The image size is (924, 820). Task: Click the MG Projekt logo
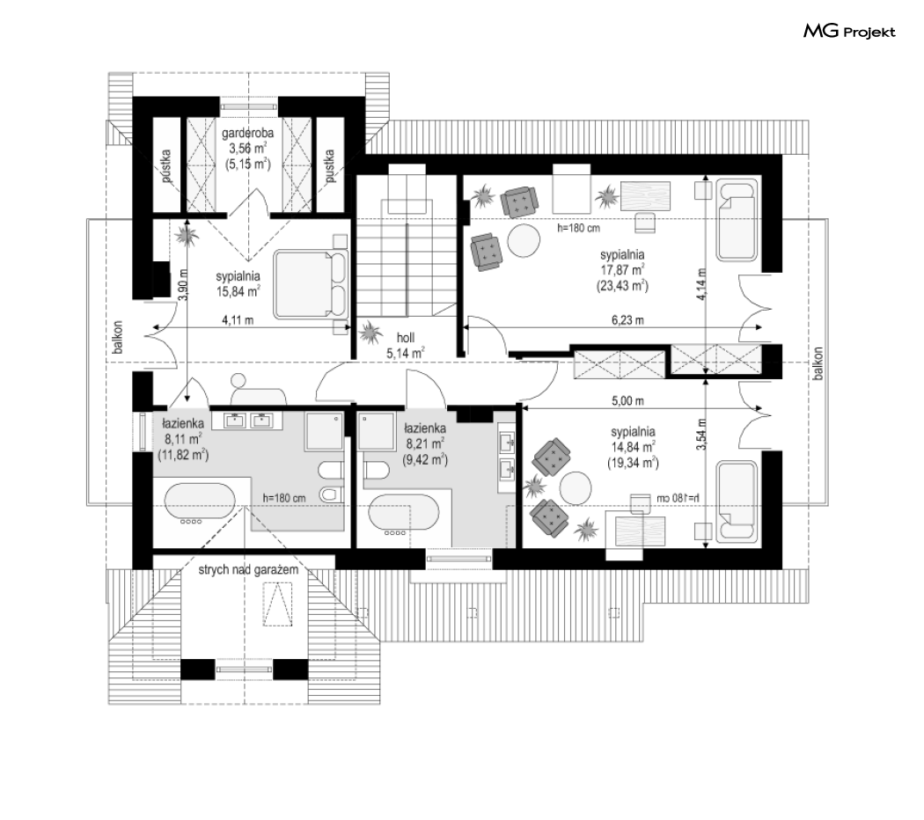pos(849,31)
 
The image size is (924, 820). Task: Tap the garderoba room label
pos(247,133)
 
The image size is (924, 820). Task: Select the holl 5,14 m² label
pos(406,345)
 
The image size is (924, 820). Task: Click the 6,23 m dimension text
pos(627,320)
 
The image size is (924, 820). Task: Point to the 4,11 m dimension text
pos(238,320)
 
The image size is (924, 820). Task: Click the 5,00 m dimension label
pos(627,400)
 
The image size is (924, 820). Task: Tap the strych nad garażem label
pos(248,569)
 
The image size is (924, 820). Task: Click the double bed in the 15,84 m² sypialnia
pos(312,284)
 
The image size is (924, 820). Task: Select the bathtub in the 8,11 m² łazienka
pos(199,505)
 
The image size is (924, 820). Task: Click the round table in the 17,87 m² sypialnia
pos(524,241)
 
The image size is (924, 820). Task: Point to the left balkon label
pos(118,337)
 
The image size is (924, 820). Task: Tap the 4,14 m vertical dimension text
pos(700,284)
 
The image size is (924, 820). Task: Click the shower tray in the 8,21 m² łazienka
pos(376,432)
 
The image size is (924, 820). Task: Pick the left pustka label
pos(165,165)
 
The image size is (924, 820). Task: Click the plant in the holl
pos(370,333)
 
